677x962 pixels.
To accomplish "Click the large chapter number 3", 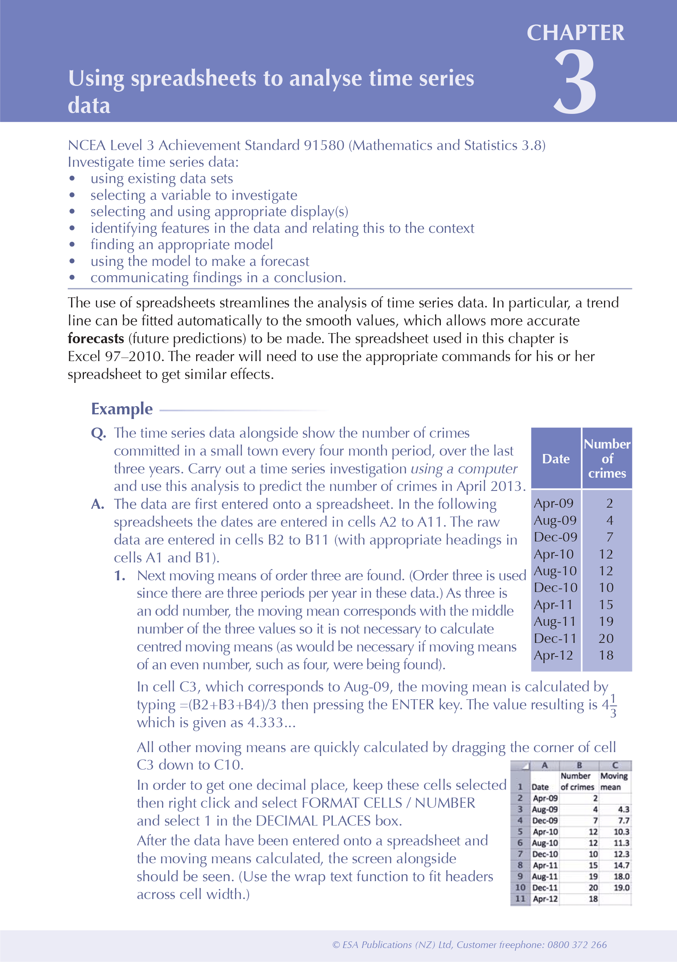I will point(575,82).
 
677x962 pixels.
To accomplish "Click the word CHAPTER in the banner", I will point(575,33).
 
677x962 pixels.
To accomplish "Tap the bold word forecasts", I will point(96,338).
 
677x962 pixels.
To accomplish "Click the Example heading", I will point(122,409).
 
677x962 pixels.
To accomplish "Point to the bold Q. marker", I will point(98,433).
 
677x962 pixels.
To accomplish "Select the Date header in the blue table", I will point(555,459).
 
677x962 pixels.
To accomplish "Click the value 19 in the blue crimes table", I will point(606,622).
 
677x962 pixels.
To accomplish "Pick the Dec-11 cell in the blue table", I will point(555,638).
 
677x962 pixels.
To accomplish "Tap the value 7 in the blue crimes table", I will point(609,537).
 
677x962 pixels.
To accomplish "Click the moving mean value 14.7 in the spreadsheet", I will point(621,865).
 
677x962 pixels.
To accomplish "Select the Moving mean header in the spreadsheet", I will point(614,781).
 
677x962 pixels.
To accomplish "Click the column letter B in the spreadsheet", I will point(580,765).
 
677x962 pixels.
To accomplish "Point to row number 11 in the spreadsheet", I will point(520,899).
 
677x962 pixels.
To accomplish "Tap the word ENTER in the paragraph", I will point(413,705).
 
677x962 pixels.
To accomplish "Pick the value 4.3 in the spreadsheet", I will point(623,810).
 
